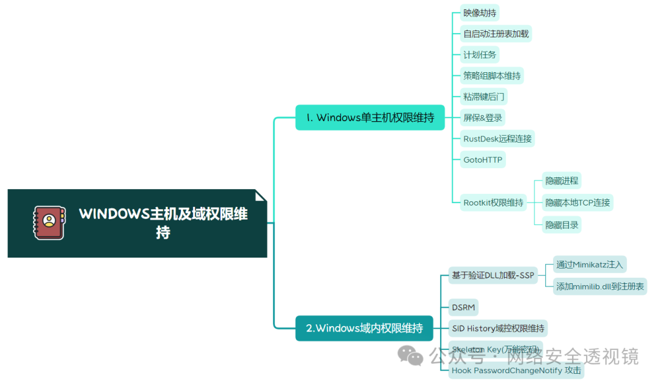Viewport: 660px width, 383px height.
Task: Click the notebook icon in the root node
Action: (x=49, y=223)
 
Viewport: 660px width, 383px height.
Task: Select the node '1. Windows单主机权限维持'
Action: (x=370, y=117)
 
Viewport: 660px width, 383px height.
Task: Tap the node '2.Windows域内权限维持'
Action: (x=364, y=328)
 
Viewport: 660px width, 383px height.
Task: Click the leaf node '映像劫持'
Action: (x=480, y=13)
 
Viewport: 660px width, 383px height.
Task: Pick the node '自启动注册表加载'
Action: (x=496, y=34)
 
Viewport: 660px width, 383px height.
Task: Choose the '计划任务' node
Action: (x=480, y=54)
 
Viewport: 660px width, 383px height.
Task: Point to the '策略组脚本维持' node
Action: (x=492, y=76)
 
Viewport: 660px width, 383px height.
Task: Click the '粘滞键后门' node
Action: (x=483, y=97)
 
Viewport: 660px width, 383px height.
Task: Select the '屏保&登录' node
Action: (x=483, y=117)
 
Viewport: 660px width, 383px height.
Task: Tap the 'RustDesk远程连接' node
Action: (x=497, y=138)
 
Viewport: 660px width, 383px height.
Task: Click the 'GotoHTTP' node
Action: (x=483, y=160)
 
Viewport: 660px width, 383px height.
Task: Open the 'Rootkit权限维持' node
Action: (x=493, y=203)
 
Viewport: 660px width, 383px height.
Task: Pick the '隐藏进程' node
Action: (x=562, y=180)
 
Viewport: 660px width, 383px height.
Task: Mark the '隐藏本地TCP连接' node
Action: (x=577, y=203)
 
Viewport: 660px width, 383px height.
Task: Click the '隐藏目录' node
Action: (x=562, y=225)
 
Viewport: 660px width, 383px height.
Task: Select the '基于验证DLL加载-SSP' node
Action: (x=493, y=275)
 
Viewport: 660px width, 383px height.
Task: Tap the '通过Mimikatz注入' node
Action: (x=589, y=264)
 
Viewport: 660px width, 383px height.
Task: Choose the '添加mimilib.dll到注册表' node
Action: (x=599, y=286)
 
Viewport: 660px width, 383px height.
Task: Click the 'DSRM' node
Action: (x=463, y=307)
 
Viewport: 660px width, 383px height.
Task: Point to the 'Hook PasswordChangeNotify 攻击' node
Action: (x=516, y=370)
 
